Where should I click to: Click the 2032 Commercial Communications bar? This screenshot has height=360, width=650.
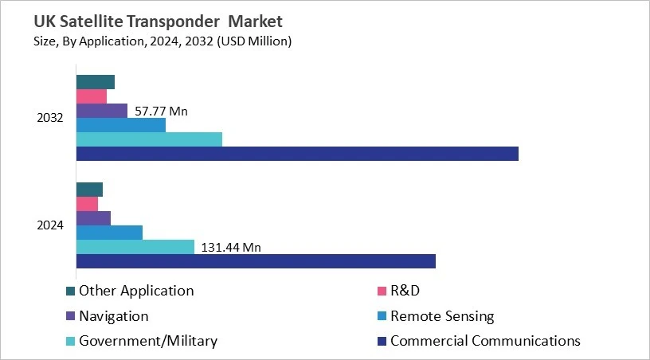(x=297, y=154)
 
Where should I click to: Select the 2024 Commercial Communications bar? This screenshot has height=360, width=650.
(x=256, y=261)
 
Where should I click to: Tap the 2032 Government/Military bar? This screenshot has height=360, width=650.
(x=149, y=139)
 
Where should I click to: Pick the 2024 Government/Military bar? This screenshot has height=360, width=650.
(x=135, y=247)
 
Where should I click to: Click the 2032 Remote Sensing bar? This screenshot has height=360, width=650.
(x=121, y=125)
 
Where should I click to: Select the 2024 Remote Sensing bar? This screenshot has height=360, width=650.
(x=109, y=233)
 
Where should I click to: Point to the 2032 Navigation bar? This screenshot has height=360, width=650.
(x=102, y=111)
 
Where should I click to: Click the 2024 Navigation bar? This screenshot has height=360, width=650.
(x=93, y=218)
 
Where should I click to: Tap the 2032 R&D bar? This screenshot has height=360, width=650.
(x=92, y=96)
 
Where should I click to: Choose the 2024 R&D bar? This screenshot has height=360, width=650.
(x=87, y=204)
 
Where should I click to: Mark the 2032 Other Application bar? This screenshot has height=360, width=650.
(x=96, y=82)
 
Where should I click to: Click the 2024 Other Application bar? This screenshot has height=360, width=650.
(x=89, y=190)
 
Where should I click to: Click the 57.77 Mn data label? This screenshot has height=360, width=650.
(x=161, y=112)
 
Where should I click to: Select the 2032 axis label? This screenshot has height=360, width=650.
(x=50, y=118)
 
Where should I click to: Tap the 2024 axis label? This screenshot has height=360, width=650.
(x=50, y=225)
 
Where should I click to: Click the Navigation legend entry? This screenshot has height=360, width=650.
(x=113, y=316)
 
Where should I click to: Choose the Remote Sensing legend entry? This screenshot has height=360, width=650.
(x=441, y=316)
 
